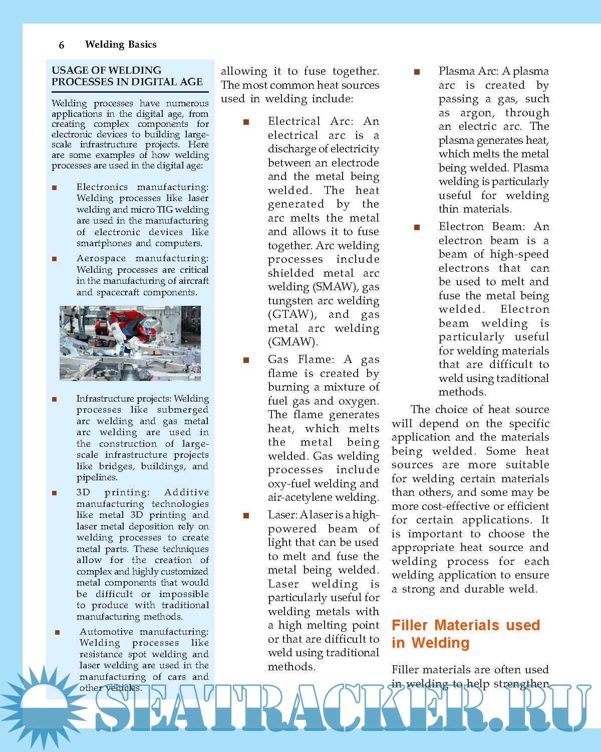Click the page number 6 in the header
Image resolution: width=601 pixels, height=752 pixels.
coord(61,45)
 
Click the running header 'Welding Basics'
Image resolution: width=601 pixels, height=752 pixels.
coord(121,45)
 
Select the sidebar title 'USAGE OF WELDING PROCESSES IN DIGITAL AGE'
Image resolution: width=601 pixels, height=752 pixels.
coord(127,76)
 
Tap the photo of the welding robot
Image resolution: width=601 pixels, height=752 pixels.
coord(130,343)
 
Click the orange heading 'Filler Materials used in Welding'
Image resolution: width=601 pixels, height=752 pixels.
coord(465,634)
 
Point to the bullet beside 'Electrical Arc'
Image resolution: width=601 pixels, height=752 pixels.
coord(246,122)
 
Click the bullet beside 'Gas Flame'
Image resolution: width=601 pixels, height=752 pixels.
coord(246,360)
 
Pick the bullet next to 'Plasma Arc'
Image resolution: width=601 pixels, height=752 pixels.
coord(417,72)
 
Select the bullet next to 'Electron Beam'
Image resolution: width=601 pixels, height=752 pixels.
coord(417,227)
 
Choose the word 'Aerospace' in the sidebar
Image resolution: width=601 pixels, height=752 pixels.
coord(101,259)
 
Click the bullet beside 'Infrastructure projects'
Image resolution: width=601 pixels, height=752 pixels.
coord(54,400)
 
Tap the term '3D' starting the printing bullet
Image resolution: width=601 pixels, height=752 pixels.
coord(83,493)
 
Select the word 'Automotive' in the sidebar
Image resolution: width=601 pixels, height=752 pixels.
coord(106,632)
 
